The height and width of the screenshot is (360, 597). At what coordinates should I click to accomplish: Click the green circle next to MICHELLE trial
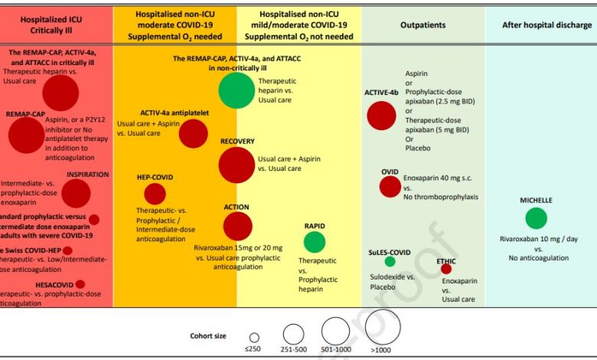pyautogui.click(x=536, y=218)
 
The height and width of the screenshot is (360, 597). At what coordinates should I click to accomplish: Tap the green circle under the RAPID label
pyautogui.click(x=315, y=241)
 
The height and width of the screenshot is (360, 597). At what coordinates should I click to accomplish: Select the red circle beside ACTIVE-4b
pyautogui.click(x=381, y=116)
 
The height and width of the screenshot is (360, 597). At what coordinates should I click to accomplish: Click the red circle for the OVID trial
pyautogui.click(x=390, y=186)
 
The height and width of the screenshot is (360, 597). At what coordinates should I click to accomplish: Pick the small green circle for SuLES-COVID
pyautogui.click(x=390, y=261)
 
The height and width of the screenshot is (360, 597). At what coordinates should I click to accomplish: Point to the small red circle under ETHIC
pyautogui.click(x=446, y=269)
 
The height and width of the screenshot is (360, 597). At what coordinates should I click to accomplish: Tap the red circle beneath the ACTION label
pyautogui.click(x=238, y=226)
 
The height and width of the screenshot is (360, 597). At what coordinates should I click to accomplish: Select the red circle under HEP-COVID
pyautogui.click(x=155, y=194)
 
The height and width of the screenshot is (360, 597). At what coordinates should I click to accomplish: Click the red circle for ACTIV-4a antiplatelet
pyautogui.click(x=194, y=133)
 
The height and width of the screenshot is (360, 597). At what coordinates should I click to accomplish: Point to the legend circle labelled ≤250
pyautogui.click(x=254, y=337)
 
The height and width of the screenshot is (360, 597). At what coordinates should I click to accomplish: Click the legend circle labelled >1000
pyautogui.click(x=383, y=329)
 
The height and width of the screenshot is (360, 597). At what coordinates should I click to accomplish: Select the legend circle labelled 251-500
pyautogui.click(x=294, y=334)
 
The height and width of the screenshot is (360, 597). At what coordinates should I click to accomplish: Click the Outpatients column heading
pyautogui.click(x=422, y=25)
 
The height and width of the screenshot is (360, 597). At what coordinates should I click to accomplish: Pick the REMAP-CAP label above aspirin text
pyautogui.click(x=25, y=113)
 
